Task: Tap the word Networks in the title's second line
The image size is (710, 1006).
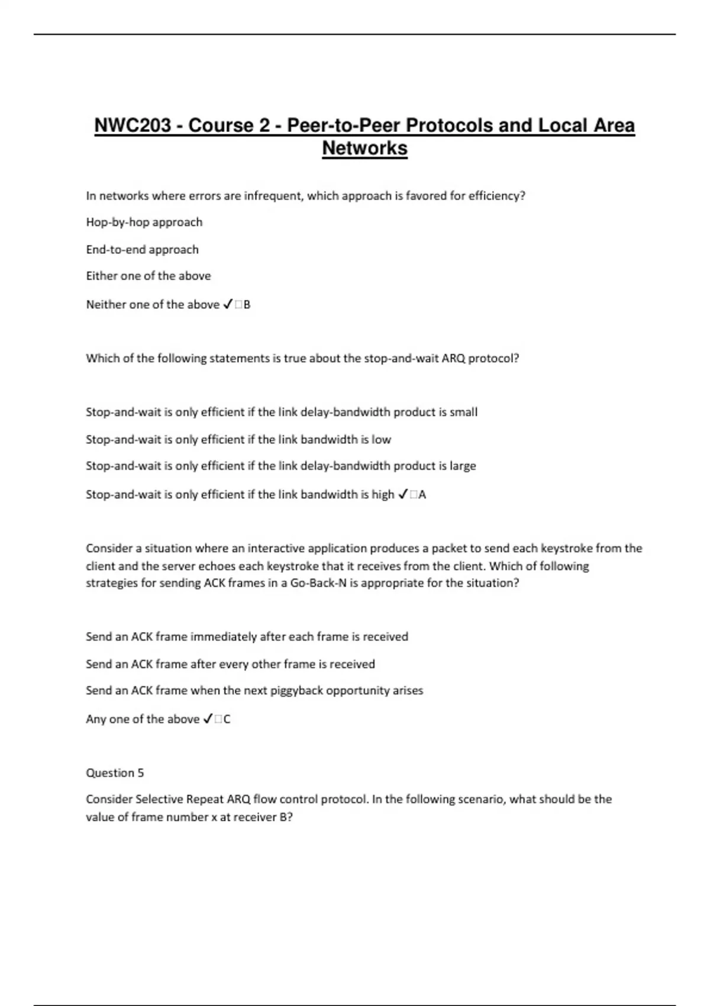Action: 364,148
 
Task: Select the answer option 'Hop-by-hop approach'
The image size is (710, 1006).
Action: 144,223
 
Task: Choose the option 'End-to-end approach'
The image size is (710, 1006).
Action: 142,250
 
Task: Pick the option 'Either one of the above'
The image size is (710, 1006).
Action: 149,276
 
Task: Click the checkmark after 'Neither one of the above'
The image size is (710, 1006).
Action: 228,305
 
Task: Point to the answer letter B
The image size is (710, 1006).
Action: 247,305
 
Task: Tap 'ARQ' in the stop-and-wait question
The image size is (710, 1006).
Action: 453,359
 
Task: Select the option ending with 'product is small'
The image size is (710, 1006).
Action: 282,412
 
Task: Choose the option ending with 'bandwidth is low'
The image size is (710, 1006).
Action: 238,440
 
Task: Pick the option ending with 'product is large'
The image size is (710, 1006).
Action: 281,466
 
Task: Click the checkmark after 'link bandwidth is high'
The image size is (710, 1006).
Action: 403,494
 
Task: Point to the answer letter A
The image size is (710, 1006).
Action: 422,495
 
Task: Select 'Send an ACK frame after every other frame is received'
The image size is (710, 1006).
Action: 230,664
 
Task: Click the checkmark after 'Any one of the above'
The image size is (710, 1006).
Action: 208,719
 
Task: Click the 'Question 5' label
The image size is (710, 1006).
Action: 115,773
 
